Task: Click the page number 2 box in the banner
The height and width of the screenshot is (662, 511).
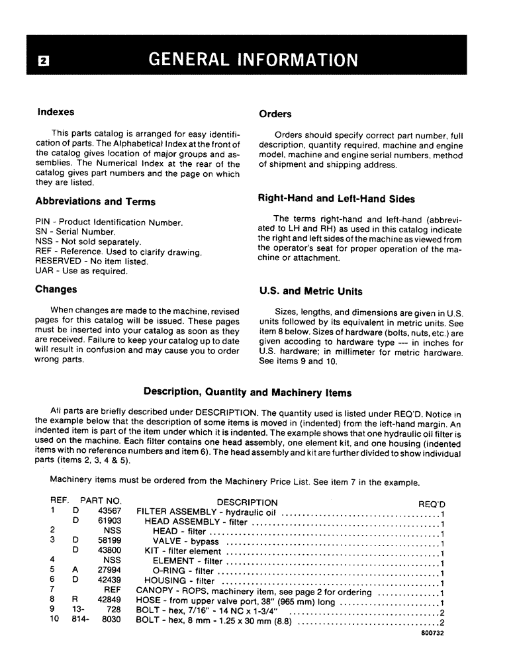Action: coord(43,61)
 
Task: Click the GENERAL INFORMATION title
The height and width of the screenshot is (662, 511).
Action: coord(254,60)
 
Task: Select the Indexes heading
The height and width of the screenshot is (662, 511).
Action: coord(56,112)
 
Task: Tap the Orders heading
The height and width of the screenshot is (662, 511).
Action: coord(275,114)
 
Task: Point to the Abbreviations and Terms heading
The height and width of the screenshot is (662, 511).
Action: coord(95,202)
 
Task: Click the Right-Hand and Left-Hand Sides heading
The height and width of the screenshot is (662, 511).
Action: coord(336,198)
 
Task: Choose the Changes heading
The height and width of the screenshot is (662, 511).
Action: coord(56,289)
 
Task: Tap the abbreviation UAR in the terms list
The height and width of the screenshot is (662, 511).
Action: coord(44,271)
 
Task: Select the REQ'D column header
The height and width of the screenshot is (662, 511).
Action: coord(432,504)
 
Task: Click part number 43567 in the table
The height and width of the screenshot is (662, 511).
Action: coord(109,512)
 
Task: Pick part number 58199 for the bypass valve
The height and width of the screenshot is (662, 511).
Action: coord(109,541)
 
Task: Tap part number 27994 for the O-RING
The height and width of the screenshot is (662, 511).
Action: coord(109,571)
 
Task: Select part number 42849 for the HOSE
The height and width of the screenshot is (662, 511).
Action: coord(109,601)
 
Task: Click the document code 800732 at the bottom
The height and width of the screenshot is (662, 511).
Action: coord(432,633)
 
